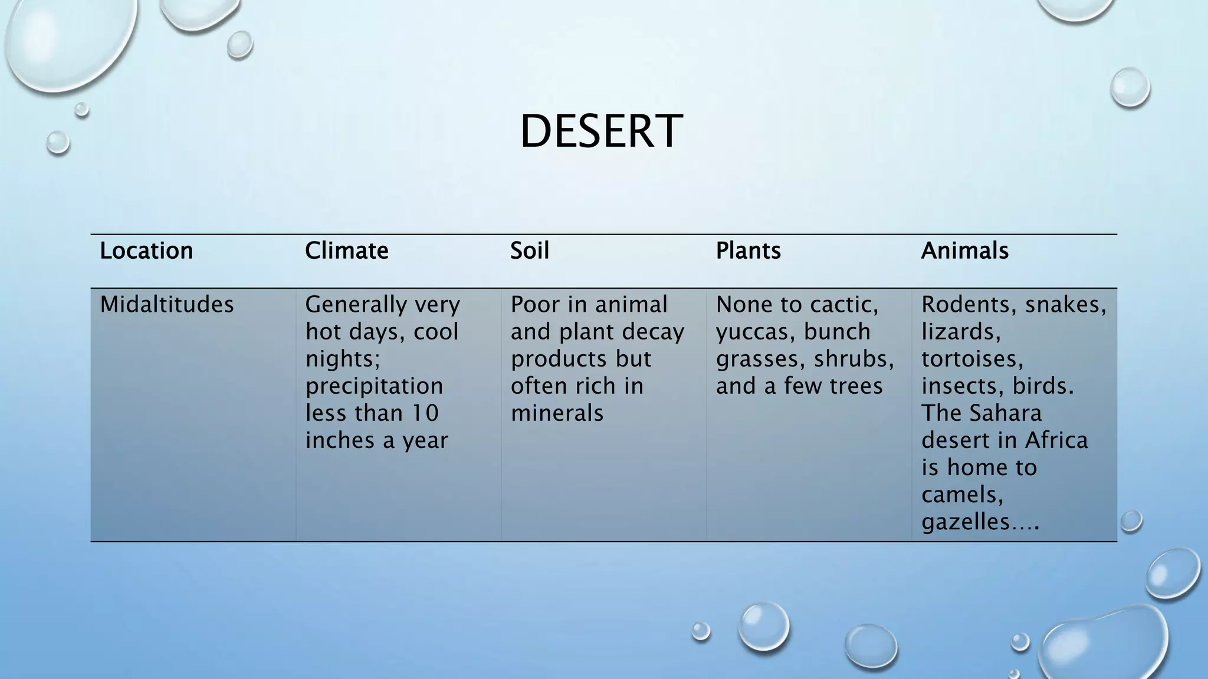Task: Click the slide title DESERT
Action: (601, 131)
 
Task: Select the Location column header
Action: (146, 251)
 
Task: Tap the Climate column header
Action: (347, 251)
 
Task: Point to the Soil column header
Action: (530, 251)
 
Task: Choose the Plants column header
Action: (748, 251)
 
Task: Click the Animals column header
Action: (964, 251)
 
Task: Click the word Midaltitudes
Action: (167, 305)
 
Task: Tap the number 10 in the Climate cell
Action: (425, 413)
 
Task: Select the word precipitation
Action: (374, 387)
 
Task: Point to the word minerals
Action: (557, 413)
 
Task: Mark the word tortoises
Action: (972, 359)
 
